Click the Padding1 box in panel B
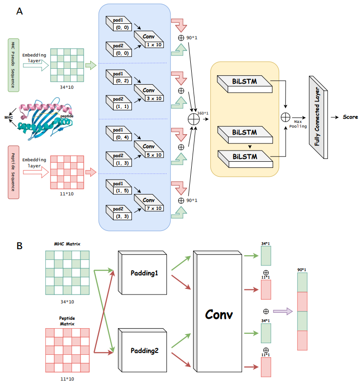point(143,273)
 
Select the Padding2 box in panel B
point(143,351)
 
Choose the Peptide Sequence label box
point(14,172)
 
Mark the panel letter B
point(19,245)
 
